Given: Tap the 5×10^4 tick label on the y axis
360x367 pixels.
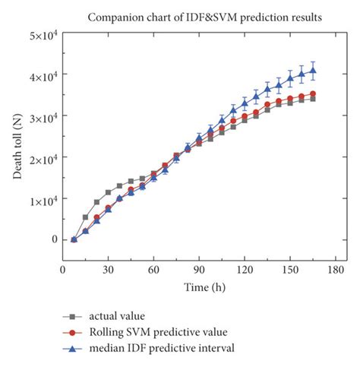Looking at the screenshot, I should pos(45,34).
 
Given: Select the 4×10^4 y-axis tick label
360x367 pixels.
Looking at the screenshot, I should pos(45,74).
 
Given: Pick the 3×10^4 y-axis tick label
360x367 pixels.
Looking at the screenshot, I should pos(45,115).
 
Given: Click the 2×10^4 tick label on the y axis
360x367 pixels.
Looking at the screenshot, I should pos(45,157).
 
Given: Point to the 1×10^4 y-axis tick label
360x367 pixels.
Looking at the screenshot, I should pos(45,198).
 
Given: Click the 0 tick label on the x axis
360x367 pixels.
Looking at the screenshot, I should pos(63,270).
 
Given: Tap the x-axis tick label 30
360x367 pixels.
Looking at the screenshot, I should pos(109,270).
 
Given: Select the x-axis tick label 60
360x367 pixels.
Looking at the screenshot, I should pos(154,270).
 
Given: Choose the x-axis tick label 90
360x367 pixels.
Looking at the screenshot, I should pos(200,270).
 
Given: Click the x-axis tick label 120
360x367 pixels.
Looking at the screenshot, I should pos(245,270).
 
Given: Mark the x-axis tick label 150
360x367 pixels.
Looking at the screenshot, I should pos(290,270).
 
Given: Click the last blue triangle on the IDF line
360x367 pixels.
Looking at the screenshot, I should pos(313,71).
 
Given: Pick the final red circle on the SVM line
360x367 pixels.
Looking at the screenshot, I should pos(313,93).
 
